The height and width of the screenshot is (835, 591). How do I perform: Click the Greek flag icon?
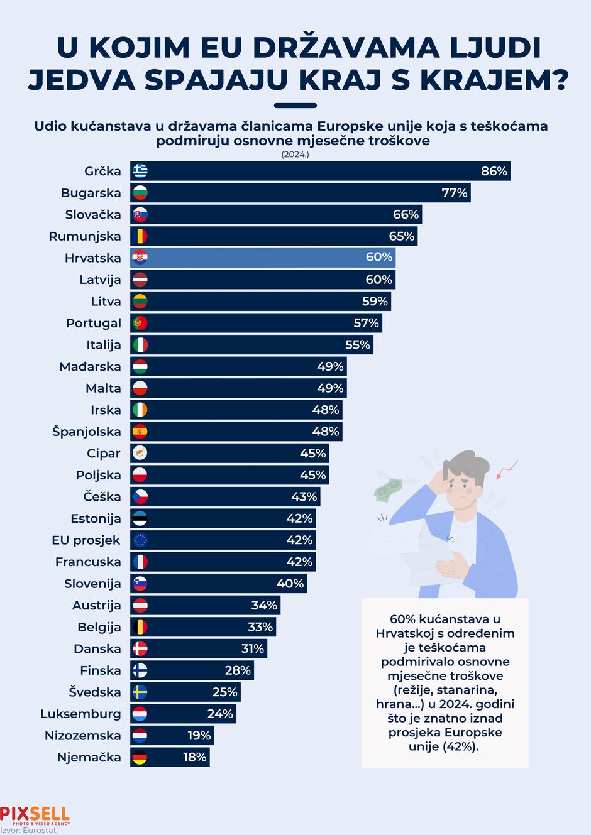click(140, 171)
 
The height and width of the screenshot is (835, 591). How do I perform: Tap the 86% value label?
click(494, 171)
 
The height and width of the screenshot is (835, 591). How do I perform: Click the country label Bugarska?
click(91, 193)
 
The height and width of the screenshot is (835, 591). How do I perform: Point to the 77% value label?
click(455, 193)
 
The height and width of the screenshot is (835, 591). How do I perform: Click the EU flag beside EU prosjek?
click(140, 540)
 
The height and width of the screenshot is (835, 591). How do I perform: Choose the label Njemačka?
click(89, 757)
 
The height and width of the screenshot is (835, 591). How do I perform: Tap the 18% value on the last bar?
click(195, 757)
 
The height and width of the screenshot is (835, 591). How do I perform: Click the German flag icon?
click(140, 757)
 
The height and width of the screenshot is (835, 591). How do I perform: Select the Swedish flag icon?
click(140, 692)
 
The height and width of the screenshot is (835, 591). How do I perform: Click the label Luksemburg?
click(80, 714)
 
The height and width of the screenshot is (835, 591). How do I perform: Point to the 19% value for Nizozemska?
click(199, 736)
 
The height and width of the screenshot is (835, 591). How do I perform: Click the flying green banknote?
click(388, 488)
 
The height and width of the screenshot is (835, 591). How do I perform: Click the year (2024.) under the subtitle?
click(295, 154)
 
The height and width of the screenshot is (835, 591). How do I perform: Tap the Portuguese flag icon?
click(140, 323)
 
